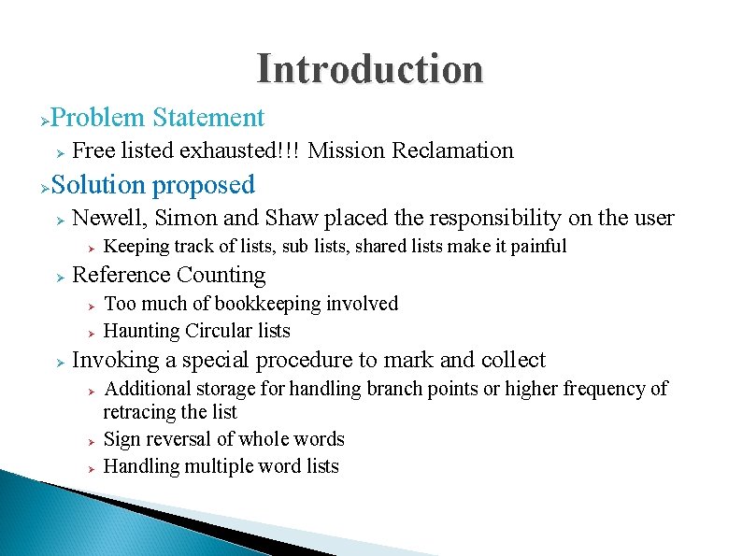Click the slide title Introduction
tap(370, 69)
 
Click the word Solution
tap(99, 185)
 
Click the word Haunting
tap(141, 331)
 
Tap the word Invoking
tap(111, 360)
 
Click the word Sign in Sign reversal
tap(121, 439)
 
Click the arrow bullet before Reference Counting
tap(57, 277)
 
